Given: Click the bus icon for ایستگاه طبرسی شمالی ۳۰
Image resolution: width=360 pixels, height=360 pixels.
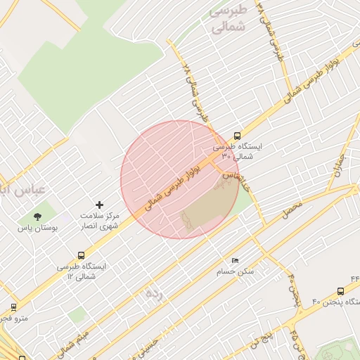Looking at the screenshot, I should coord(236,136).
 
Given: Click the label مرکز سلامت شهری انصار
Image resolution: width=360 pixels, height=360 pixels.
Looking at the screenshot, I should coord(99,221).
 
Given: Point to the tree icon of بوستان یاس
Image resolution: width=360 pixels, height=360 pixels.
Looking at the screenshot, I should coord(37,217).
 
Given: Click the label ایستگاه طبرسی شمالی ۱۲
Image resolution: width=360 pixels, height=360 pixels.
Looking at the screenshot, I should coord(82,271).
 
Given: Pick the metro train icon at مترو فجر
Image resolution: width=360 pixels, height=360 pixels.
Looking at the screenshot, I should coord(13,307).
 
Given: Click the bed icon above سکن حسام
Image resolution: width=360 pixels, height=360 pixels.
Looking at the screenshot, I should coord(235,261).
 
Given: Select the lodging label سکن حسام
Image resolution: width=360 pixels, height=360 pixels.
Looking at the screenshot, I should coord(237,271).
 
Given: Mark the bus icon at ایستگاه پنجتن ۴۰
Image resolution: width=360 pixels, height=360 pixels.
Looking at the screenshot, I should coord(341,290).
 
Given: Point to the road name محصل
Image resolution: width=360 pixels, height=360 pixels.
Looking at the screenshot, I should coord(293,207).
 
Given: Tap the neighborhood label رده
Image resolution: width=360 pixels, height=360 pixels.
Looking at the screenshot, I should coord(153,293).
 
